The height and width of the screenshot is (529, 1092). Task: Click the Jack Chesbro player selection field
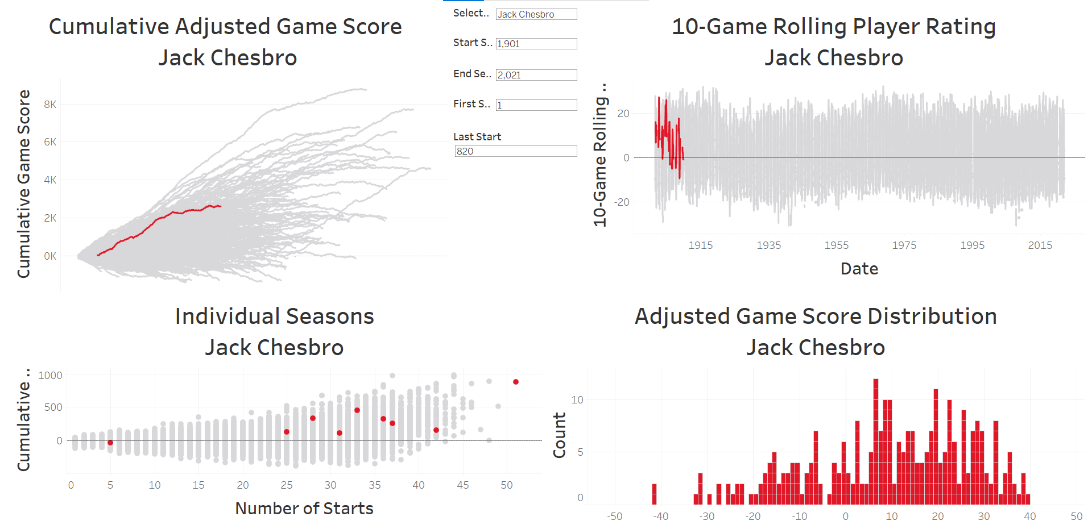click(536, 14)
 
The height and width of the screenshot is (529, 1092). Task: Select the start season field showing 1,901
click(536, 44)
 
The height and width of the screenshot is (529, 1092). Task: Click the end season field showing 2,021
click(536, 75)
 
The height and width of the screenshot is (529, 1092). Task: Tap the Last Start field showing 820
click(515, 151)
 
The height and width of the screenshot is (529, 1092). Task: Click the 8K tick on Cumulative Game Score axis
click(50, 105)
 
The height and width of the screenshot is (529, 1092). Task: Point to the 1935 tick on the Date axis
click(768, 245)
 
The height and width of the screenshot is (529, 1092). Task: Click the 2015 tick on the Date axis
click(1040, 245)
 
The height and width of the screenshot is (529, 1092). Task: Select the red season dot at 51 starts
click(516, 382)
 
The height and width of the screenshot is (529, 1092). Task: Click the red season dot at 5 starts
click(110, 443)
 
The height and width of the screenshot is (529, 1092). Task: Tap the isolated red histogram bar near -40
click(654, 494)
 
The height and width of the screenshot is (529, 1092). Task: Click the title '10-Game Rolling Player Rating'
click(833, 27)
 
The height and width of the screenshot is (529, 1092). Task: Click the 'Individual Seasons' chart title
click(274, 316)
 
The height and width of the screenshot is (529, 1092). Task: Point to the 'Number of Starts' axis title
click(304, 509)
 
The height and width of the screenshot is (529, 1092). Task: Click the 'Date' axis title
click(859, 269)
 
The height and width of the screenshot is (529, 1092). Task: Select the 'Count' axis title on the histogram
click(560, 435)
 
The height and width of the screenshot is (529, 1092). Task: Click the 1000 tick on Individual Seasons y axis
click(50, 376)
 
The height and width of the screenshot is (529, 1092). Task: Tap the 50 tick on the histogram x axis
click(1076, 516)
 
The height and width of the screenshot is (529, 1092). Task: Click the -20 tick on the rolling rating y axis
click(622, 202)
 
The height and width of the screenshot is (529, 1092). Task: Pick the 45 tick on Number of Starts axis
click(462, 485)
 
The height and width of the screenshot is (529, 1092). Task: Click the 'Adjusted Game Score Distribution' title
click(816, 316)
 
